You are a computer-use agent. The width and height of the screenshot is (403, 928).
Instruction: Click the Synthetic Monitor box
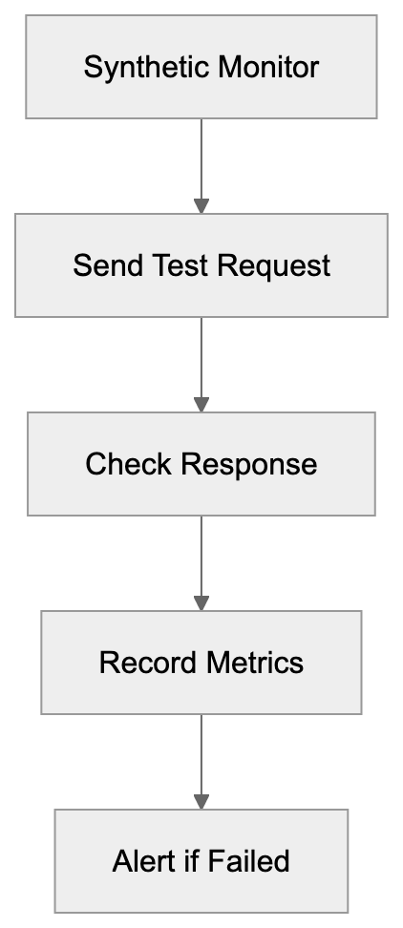(201, 67)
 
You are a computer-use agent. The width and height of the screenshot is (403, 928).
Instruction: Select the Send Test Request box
(201, 265)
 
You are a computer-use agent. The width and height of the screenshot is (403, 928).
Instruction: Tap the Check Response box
(201, 464)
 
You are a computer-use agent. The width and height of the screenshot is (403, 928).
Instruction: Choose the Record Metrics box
(201, 663)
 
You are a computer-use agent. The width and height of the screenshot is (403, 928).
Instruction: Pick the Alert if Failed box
(201, 861)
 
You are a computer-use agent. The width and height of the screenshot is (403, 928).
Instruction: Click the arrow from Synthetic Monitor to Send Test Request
(201, 165)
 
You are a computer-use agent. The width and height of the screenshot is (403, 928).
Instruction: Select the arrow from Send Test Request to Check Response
(201, 364)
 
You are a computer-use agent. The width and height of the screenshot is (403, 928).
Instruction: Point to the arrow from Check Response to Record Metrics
(201, 562)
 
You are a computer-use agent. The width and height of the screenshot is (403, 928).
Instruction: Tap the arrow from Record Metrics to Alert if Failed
(201, 761)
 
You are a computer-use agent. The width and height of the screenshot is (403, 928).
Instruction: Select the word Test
(173, 265)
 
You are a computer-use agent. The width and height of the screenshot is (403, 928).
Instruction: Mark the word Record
(139, 663)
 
